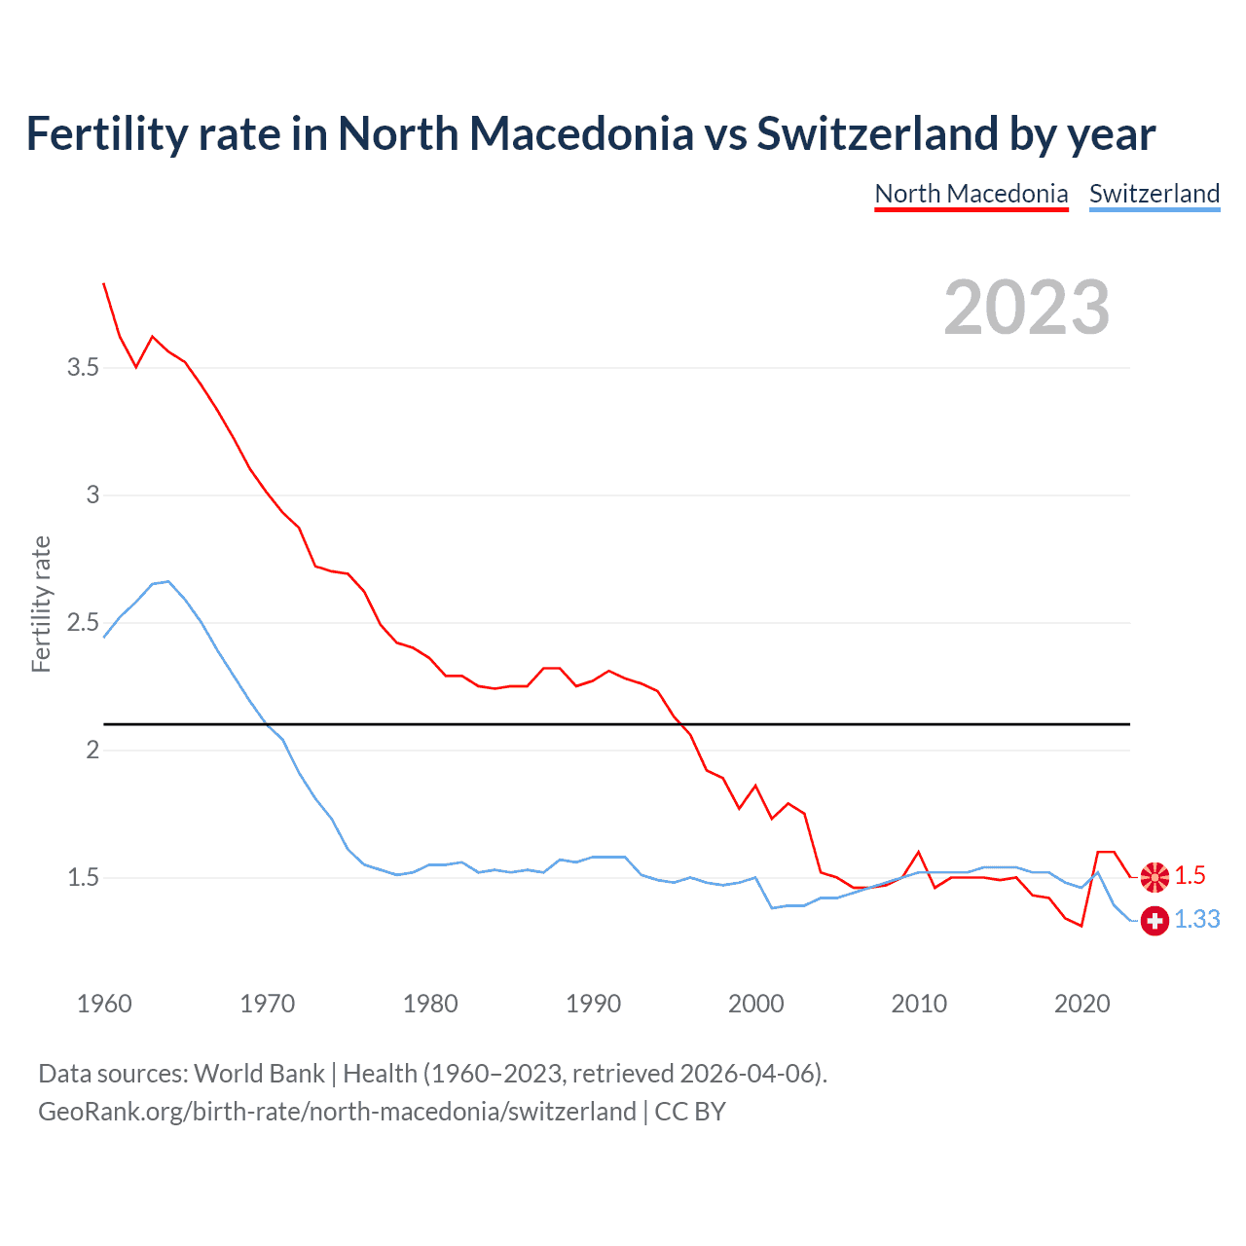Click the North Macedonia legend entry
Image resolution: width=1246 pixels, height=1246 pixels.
[x=971, y=194]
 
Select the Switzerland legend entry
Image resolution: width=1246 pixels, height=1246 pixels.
[x=1154, y=194]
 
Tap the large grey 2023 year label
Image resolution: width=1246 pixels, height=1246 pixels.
[x=1026, y=308]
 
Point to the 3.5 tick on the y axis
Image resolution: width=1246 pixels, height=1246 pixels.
[x=83, y=368]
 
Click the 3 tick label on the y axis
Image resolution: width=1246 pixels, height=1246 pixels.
[x=92, y=495]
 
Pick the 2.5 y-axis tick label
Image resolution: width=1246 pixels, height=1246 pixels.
[x=83, y=623]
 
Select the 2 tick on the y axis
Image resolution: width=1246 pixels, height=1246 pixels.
[x=92, y=751]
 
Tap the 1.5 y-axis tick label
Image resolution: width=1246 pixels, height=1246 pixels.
[x=83, y=878]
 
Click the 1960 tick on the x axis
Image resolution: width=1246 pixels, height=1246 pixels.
[x=104, y=1004]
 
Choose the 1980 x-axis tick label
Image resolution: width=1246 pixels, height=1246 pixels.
[x=430, y=1004]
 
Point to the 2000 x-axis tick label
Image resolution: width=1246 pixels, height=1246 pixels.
[x=755, y=1004]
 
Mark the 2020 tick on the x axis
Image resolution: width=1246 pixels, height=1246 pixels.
[x=1081, y=1004]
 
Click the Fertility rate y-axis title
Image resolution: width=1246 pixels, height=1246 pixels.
[x=41, y=604]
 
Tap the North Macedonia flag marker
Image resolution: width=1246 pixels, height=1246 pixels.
[x=1154, y=877]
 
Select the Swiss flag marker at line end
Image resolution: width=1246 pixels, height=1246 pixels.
[x=1154, y=920]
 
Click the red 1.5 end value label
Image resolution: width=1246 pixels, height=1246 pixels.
[x=1190, y=876]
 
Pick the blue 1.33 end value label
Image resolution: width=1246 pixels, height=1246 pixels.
[x=1196, y=920]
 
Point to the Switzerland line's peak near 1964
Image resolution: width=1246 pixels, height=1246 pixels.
[x=168, y=581]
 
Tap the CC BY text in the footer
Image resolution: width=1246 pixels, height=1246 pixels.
[x=690, y=1112]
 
